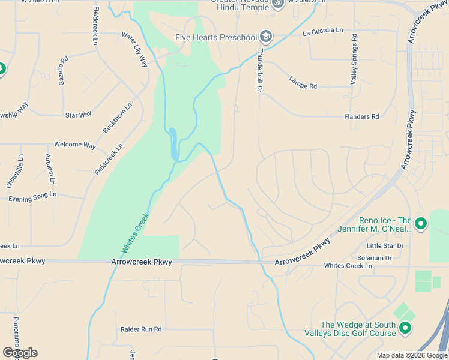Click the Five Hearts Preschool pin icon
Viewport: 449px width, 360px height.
point(266,37)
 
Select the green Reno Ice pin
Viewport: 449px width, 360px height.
point(421,224)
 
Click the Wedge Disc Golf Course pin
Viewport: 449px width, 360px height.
point(405,328)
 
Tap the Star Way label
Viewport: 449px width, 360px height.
point(78,115)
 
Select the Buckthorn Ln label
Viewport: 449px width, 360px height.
point(117,118)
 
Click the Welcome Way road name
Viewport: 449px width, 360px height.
point(75,145)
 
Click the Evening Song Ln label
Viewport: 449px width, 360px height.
point(32,195)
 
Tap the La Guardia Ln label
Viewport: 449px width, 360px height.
point(323,30)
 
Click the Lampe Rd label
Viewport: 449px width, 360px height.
point(303,82)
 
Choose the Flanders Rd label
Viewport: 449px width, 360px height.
point(362,116)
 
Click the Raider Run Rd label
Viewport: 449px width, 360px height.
point(142,329)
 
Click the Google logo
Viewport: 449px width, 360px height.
point(20,353)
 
